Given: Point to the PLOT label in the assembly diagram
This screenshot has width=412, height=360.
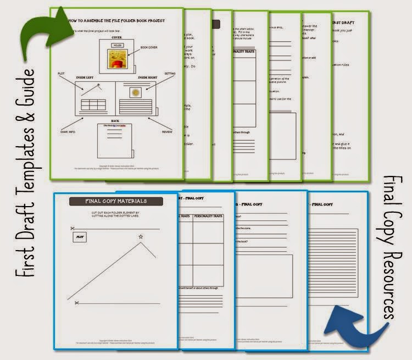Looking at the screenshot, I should tap(62, 73).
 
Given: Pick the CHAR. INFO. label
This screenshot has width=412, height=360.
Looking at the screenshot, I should tap(65, 132).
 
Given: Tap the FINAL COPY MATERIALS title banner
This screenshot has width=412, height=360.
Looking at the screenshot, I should tap(116, 201).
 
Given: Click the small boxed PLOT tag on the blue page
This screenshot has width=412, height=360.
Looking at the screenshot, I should tap(81, 237).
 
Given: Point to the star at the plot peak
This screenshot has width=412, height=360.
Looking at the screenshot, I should tap(141, 237).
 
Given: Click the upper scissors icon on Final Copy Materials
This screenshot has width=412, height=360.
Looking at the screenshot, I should tap(73, 228).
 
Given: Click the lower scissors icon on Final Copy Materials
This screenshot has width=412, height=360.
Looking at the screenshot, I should tap(76, 302).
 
